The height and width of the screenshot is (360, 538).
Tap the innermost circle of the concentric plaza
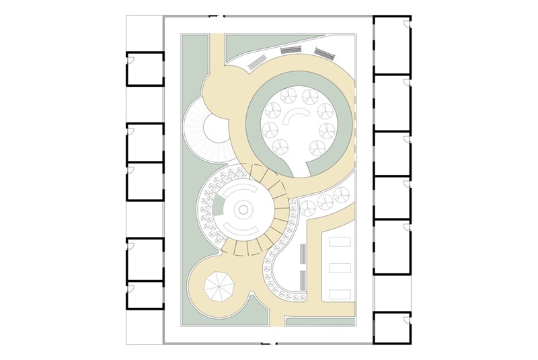243,211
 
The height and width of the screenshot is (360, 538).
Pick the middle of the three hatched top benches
291,50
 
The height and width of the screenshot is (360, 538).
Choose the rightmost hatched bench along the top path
323,53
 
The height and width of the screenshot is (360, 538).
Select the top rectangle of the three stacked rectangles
340,242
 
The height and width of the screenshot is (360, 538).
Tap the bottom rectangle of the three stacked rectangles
340,294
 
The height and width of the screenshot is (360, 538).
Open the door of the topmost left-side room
132,59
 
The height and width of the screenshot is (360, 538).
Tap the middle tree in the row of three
325,200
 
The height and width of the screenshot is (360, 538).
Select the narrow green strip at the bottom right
320,322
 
